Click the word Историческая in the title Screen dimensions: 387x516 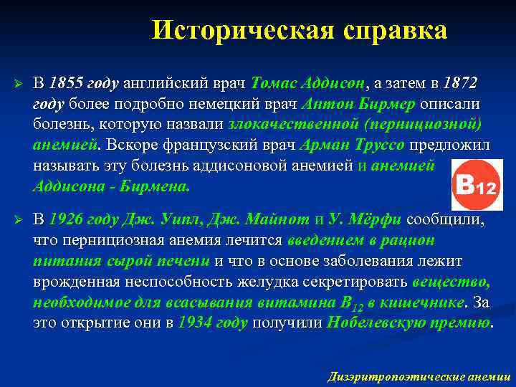(243, 30)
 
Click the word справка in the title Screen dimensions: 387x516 (395, 30)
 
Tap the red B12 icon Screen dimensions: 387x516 (474, 184)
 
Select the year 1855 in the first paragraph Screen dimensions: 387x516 (66, 82)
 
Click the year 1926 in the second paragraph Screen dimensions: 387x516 (66, 219)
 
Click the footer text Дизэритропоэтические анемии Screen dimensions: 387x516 (419, 376)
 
